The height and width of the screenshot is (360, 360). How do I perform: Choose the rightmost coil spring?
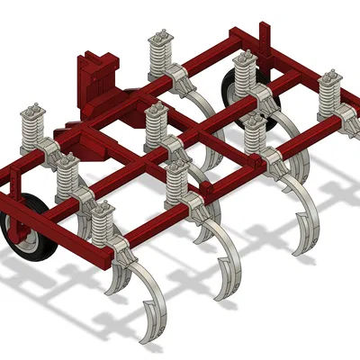coord(329,99)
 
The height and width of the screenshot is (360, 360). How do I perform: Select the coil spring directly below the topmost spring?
coord(157,125)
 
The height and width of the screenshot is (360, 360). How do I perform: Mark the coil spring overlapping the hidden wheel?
coord(243,76)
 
